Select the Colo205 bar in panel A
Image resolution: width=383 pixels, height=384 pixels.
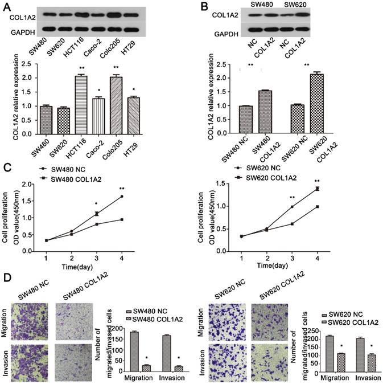point(116,111)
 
